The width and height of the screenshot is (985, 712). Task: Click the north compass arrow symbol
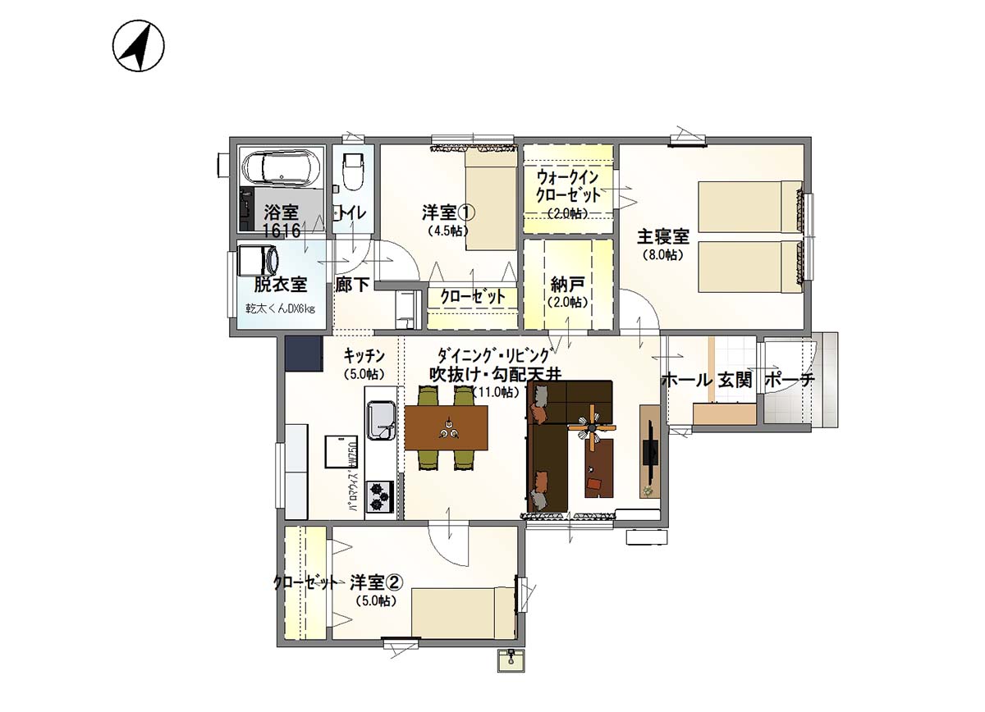pos(138,46)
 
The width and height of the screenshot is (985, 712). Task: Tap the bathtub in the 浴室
pos(278,168)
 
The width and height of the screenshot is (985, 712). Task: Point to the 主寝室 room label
pos(663,238)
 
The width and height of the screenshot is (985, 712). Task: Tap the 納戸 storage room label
pos(568,285)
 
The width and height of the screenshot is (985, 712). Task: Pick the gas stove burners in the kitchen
pos(380,495)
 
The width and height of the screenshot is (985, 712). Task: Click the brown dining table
pos(447,428)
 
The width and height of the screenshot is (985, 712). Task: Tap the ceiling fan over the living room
pos(592,427)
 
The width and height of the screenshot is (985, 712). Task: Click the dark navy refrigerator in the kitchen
pos(303,354)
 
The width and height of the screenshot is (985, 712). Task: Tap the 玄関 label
pos(735,381)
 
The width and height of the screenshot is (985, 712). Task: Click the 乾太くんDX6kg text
pos(279,309)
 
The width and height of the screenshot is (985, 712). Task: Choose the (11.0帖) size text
pos(495,392)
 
